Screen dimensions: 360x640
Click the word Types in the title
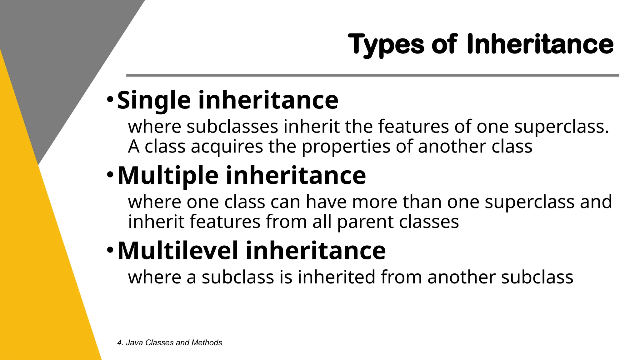(386, 45)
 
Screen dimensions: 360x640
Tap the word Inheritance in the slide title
(540, 44)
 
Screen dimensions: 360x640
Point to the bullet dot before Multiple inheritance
(110, 175)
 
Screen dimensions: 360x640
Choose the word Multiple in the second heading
(168, 176)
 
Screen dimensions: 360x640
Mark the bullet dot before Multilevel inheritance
(110, 250)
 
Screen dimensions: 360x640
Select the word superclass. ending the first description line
(562, 127)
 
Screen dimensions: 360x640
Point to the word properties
(346, 147)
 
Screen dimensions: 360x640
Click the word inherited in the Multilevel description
(336, 277)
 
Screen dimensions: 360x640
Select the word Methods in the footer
(207, 343)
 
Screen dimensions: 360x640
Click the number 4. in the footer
(120, 343)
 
